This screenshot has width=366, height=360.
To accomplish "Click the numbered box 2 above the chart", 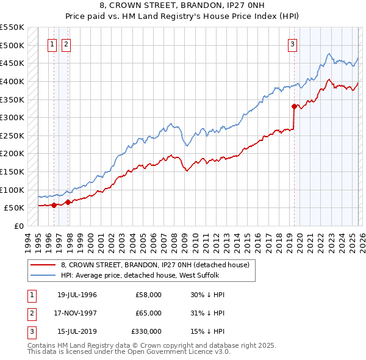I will (x=66, y=43).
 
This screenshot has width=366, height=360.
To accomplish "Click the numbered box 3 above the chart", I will (x=293, y=43).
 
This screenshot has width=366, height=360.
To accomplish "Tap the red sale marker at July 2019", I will (x=294, y=107).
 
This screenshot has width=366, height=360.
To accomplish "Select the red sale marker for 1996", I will (x=54, y=205).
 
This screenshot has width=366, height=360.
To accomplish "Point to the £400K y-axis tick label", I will (x=12, y=81).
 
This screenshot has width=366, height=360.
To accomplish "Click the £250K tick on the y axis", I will (x=12, y=135).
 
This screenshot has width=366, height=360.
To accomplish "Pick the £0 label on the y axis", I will (x=19, y=226).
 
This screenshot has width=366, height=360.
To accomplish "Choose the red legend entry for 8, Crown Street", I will (x=155, y=265).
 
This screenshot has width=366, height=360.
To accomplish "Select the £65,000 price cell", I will (x=149, y=313).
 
